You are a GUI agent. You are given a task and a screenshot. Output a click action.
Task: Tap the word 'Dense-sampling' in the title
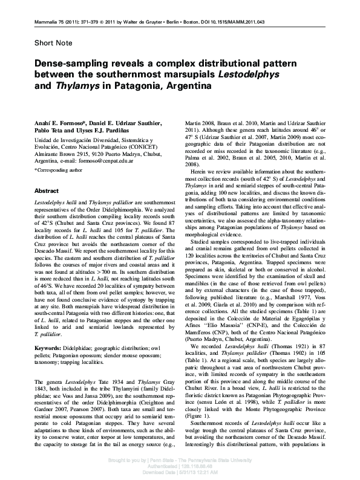pos(67,63)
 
